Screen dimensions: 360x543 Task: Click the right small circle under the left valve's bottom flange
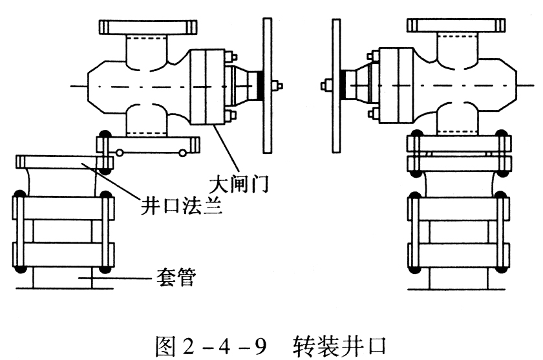(x=182, y=153)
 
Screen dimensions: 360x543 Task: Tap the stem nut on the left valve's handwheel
(x=278, y=85)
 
